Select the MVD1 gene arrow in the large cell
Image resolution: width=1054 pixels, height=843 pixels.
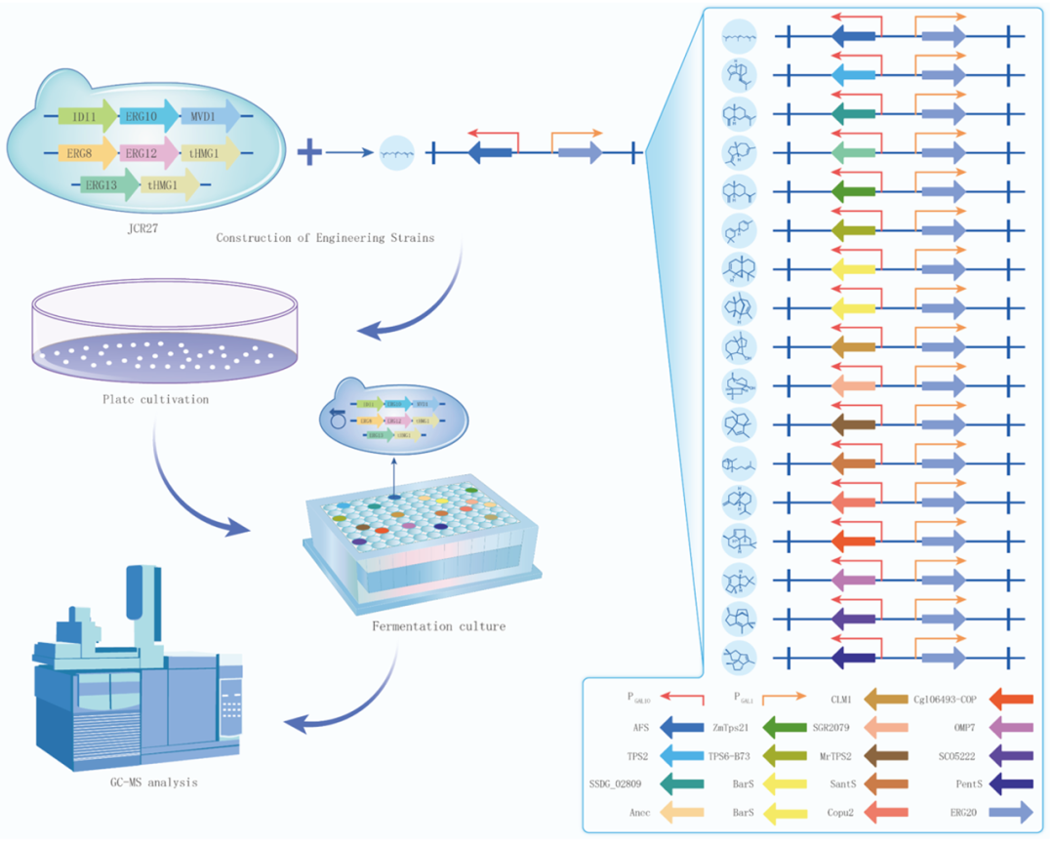tap(208, 116)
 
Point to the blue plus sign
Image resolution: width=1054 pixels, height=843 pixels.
tap(309, 152)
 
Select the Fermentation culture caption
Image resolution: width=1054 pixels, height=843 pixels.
tap(438, 625)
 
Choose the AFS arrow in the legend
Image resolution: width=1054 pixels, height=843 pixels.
tap(682, 726)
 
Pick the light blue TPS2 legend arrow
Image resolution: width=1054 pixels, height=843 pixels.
tap(682, 754)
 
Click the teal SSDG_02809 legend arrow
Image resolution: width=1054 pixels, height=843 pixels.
tap(682, 783)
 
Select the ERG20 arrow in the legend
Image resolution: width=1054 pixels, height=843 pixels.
tap(1011, 811)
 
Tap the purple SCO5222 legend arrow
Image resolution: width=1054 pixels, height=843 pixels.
tap(1011, 754)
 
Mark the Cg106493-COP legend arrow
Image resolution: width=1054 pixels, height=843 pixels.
tap(1011, 698)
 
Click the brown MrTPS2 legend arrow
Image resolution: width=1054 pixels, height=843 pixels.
tap(886, 754)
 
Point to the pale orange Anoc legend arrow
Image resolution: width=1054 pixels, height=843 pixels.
tap(682, 811)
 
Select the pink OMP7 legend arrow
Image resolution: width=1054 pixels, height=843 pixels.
tap(1011, 726)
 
